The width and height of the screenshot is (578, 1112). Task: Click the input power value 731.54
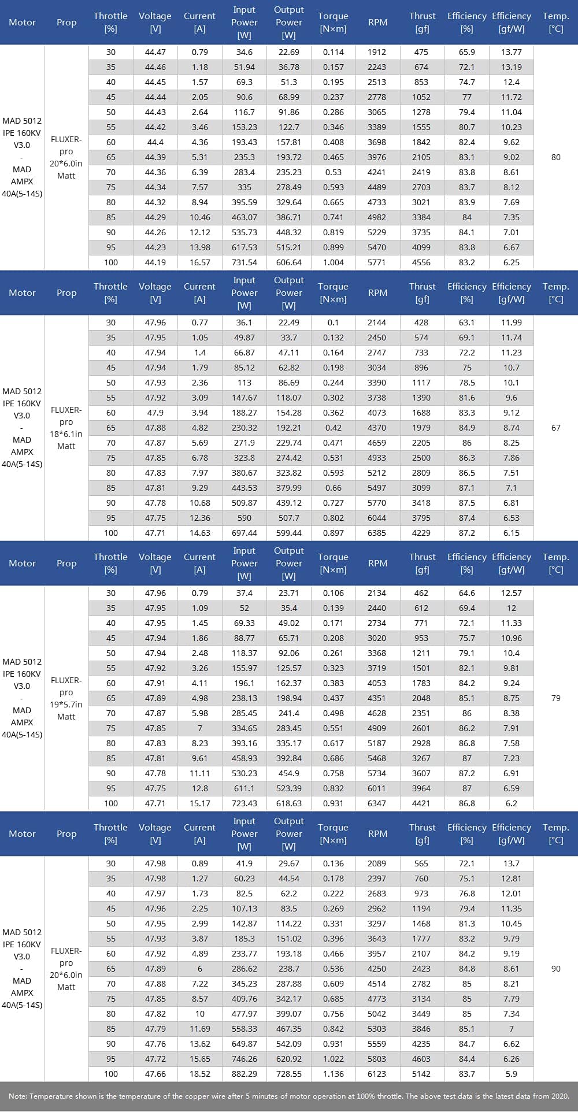pos(244,262)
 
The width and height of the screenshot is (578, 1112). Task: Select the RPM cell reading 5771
pos(377,262)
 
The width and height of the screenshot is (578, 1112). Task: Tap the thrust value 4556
pos(421,262)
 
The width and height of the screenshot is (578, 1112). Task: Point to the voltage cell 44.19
pos(155,262)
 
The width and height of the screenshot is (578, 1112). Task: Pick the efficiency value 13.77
pos(511,52)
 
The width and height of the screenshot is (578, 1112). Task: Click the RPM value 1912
pos(377,52)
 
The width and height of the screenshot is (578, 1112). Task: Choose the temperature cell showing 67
pos(555,428)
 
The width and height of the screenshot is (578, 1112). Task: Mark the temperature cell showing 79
pos(555,698)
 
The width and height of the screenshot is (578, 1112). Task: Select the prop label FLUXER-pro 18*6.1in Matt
pos(66,428)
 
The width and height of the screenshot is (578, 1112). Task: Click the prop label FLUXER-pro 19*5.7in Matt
pos(66,698)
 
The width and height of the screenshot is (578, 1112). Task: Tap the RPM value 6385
pos(377,533)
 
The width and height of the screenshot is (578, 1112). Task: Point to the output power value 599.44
pos(288,533)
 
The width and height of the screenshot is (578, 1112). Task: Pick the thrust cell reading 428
pos(421,323)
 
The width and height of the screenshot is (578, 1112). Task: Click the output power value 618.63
pos(288,803)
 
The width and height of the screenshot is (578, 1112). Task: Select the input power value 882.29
pos(244,1074)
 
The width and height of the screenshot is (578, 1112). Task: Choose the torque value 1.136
pos(333,1074)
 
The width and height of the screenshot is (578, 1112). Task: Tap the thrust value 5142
pos(421,1074)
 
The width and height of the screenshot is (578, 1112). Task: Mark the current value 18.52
pos(199,1074)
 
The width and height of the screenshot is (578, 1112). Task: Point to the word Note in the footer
pos(17,1096)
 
